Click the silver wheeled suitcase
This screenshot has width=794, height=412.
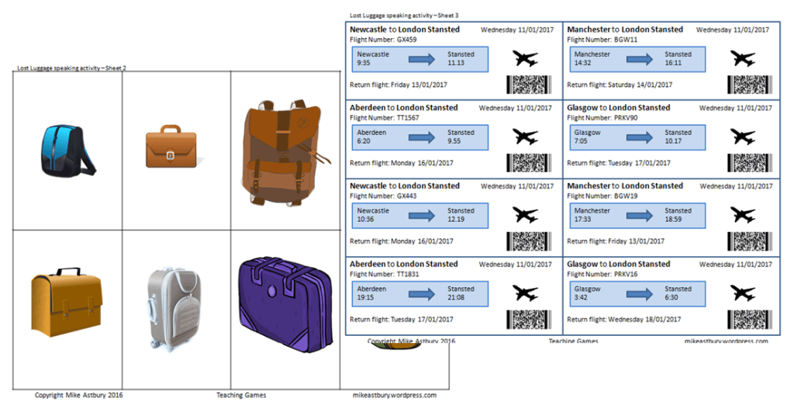point(174,308)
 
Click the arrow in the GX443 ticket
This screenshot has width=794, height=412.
point(423,215)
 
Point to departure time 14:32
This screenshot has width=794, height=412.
point(583,64)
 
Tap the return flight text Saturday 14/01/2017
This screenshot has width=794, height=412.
point(640,85)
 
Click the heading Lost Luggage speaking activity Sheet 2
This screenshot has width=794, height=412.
point(71,68)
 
